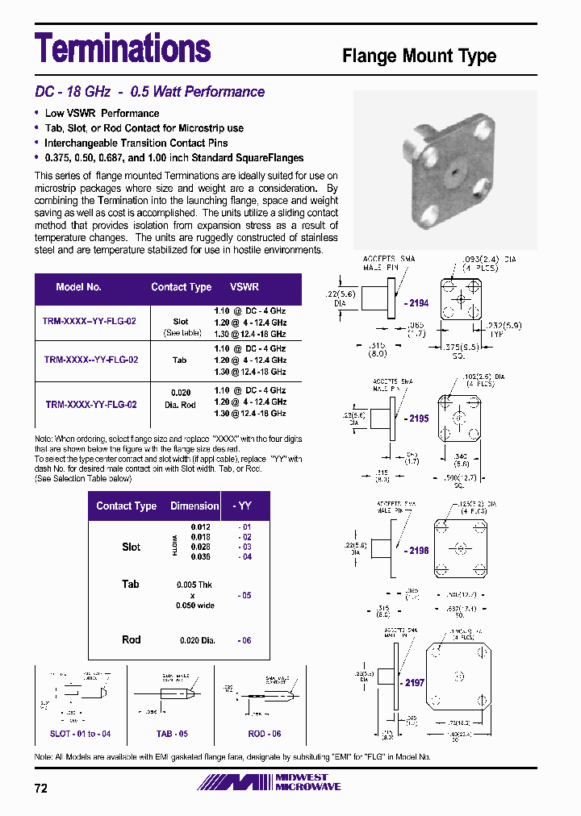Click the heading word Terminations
tap(123, 48)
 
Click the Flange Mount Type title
tap(419, 56)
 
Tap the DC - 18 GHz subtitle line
tap(149, 92)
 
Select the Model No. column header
tap(79, 287)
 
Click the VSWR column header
tap(245, 287)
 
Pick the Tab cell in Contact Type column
tap(179, 360)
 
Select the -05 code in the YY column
tap(245, 595)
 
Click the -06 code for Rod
tap(245, 640)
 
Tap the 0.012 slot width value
tap(200, 527)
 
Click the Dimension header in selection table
tap(194, 506)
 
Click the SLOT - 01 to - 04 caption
tap(80, 735)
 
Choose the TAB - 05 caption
tap(171, 735)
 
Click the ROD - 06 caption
tap(265, 735)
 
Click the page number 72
tap(41, 789)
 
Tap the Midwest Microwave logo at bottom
tap(270, 782)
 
